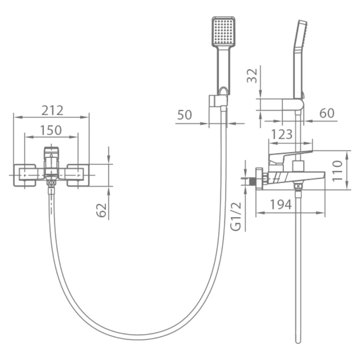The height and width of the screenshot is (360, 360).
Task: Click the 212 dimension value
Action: click(52, 111)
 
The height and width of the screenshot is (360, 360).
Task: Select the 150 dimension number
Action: click(51, 130)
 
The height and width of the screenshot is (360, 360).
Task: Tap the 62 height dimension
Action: click(102, 210)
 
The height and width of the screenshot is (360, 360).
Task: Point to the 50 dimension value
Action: click(185, 115)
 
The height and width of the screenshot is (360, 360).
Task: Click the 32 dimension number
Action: click(252, 76)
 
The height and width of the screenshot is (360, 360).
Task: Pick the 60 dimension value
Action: click(327, 113)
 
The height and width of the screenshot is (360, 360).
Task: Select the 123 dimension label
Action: click(282, 134)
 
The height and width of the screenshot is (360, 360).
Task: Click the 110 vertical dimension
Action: click(338, 171)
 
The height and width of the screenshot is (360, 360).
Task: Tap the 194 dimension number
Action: click(280, 204)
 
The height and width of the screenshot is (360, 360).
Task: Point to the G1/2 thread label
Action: click(236, 216)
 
